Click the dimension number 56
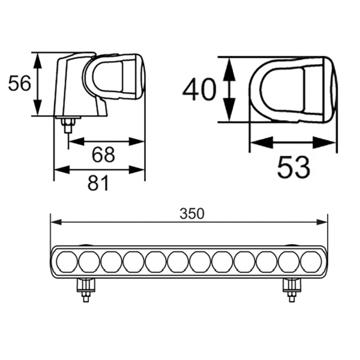tap(19, 84)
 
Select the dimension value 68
tap(103, 155)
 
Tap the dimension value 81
tap(99, 182)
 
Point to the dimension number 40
tap(199, 90)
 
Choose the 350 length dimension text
tap(192, 213)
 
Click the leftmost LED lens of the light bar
tap(67, 262)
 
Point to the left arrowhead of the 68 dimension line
tap(73, 142)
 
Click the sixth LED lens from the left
tap(178, 262)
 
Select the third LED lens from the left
tap(111, 262)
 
